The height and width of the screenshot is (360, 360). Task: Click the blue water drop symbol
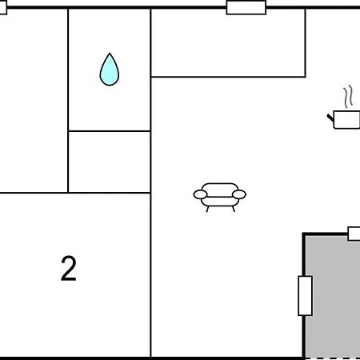pyautogui.click(x=110, y=70)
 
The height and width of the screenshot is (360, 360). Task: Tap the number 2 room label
pyautogui.click(x=69, y=268)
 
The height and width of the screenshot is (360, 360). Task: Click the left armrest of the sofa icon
pyautogui.click(x=200, y=194)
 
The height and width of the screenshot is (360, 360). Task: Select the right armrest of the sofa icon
pyautogui.click(x=239, y=194)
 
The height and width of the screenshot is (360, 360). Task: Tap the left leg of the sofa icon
pyautogui.click(x=207, y=209)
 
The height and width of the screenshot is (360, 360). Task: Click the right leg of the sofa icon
pyautogui.click(x=234, y=209)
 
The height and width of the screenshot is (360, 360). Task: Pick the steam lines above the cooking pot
pyautogui.click(x=348, y=97)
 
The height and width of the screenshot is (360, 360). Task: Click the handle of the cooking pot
pyautogui.click(x=330, y=118)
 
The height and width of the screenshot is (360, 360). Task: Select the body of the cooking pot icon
pyautogui.click(x=346, y=120)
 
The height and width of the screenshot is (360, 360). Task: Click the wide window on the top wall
pyautogui.click(x=246, y=7)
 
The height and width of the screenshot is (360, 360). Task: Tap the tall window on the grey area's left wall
pyautogui.click(x=305, y=296)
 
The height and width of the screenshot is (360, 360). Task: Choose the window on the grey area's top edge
pyautogui.click(x=354, y=234)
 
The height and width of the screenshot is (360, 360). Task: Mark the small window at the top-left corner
pyautogui.click(x=3, y=7)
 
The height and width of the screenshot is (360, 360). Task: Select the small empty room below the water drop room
pyautogui.click(x=110, y=162)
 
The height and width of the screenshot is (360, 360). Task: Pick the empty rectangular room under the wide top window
pyautogui.click(x=228, y=42)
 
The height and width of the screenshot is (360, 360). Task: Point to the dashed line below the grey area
pyautogui.click(x=333, y=358)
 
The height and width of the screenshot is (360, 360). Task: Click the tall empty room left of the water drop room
pyautogui.click(x=34, y=101)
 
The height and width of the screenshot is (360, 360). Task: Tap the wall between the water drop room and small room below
pyautogui.click(x=110, y=131)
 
